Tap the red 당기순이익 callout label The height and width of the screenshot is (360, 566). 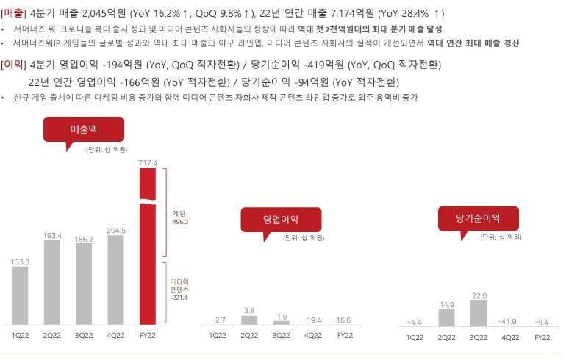[x=478, y=218]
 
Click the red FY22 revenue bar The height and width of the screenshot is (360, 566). [x=148, y=246]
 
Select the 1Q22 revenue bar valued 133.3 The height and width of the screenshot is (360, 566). [x=21, y=295]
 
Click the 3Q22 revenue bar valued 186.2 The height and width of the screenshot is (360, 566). [x=84, y=284]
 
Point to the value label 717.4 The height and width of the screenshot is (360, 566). [x=148, y=161]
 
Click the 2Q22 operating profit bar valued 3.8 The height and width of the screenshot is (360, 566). [x=249, y=320]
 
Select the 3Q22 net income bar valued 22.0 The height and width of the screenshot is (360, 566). [x=479, y=312]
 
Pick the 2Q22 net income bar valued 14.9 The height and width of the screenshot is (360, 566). [x=448, y=317]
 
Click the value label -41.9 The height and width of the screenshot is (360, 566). [x=511, y=321]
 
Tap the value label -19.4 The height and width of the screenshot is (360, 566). [x=312, y=321]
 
